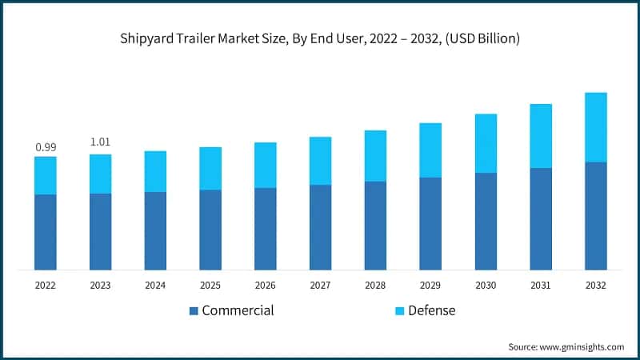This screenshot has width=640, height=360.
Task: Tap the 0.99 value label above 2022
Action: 45,147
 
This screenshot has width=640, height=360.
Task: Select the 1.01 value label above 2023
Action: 100,142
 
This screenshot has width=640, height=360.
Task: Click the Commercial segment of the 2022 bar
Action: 45,232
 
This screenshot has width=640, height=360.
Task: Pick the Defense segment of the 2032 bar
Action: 596,127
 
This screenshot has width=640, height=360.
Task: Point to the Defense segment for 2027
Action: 321,161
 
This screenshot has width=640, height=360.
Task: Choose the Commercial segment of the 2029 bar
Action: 431,223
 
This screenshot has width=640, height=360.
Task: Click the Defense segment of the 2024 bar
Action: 155,171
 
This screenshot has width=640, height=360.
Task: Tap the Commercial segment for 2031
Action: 541,218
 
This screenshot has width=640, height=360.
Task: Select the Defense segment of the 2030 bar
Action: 486,143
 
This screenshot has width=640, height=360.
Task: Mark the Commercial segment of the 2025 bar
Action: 210,230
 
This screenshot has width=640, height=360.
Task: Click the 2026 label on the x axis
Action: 266,286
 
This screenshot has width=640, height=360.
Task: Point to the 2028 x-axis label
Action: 376,286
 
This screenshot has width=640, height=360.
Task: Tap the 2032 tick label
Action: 596,286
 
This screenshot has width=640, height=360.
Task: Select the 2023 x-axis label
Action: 100,286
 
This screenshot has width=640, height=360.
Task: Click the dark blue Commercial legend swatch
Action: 194,310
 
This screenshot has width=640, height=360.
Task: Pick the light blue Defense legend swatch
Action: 398,310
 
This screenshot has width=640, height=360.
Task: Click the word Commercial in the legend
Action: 238,310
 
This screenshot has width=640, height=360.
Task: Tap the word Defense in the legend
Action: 431,310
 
